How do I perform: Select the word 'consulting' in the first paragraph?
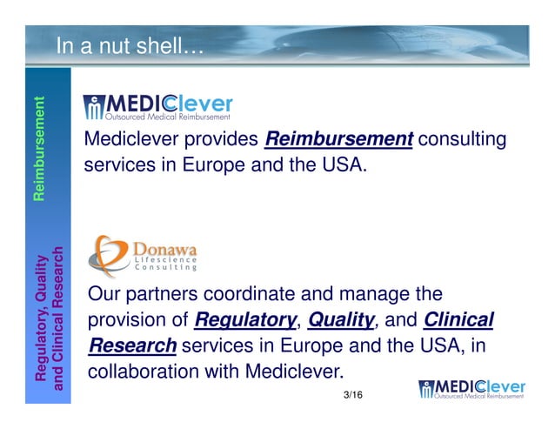(x=463, y=139)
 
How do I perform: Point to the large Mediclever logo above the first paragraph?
(x=157, y=106)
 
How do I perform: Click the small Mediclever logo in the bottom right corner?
(x=471, y=391)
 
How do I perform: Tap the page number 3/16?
(x=353, y=395)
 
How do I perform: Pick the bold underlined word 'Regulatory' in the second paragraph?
(x=244, y=320)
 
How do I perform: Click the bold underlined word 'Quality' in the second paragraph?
(x=339, y=320)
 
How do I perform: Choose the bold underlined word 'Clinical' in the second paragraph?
(x=458, y=320)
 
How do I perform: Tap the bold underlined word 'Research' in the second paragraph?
(x=132, y=345)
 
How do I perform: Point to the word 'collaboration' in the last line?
(x=144, y=371)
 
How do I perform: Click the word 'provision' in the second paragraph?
(x=126, y=320)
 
